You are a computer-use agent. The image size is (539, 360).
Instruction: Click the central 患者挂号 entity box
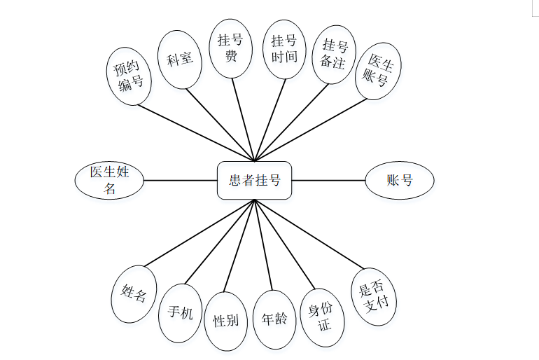(254, 180)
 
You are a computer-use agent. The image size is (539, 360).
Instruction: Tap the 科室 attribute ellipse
(180, 60)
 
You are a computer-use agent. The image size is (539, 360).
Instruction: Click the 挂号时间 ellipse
(284, 48)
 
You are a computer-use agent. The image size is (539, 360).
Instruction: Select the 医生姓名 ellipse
(109, 180)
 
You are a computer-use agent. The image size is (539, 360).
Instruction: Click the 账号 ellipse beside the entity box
(400, 180)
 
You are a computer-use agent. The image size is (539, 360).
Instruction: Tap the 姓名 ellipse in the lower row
(134, 293)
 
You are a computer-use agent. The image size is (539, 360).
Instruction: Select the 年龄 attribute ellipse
(274, 319)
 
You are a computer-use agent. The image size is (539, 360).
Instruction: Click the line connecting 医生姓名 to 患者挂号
(181, 180)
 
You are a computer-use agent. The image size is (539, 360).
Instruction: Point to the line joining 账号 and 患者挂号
(328, 180)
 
